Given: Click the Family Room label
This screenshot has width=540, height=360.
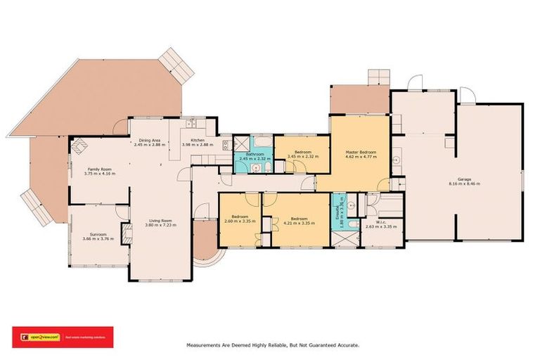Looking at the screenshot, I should coord(98,169).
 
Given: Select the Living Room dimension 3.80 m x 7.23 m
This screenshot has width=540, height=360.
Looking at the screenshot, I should coord(160,225).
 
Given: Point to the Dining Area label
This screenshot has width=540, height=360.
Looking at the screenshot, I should coord(150,140).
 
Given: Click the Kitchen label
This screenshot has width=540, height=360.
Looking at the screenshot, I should coord(198,140).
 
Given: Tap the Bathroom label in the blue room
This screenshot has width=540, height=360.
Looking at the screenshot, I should coord(255,154).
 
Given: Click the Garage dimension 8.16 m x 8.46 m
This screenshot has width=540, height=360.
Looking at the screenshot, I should coord(464,184).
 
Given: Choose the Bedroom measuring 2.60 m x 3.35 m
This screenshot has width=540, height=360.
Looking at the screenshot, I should coord(240,218).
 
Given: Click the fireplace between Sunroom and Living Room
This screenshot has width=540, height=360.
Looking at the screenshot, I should coord(127,233).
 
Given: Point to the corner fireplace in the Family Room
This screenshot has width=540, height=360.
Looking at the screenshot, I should coord(78,146).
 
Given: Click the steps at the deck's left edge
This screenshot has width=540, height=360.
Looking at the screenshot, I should coord(32,201).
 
